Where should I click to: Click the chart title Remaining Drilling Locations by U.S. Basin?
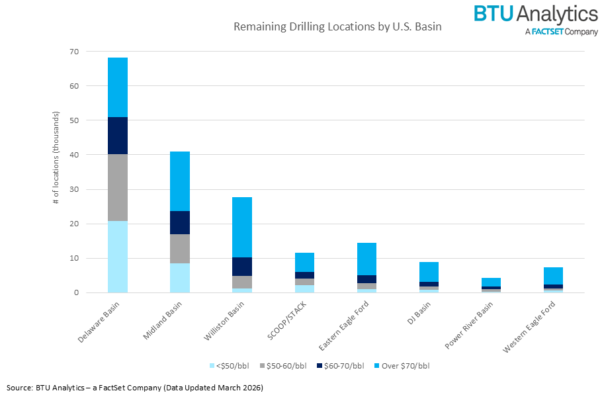(x=337, y=28)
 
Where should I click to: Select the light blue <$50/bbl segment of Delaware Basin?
(x=118, y=257)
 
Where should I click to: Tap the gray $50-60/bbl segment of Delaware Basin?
(x=118, y=187)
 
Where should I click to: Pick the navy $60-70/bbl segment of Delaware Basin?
(x=118, y=136)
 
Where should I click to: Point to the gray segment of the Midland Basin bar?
(x=180, y=249)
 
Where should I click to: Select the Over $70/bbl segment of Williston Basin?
(x=242, y=227)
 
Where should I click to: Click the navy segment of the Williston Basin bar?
(x=242, y=267)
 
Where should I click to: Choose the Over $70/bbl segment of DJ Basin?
(x=429, y=272)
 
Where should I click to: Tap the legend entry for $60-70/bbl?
(x=336, y=365)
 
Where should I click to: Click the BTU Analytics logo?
(x=535, y=19)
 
